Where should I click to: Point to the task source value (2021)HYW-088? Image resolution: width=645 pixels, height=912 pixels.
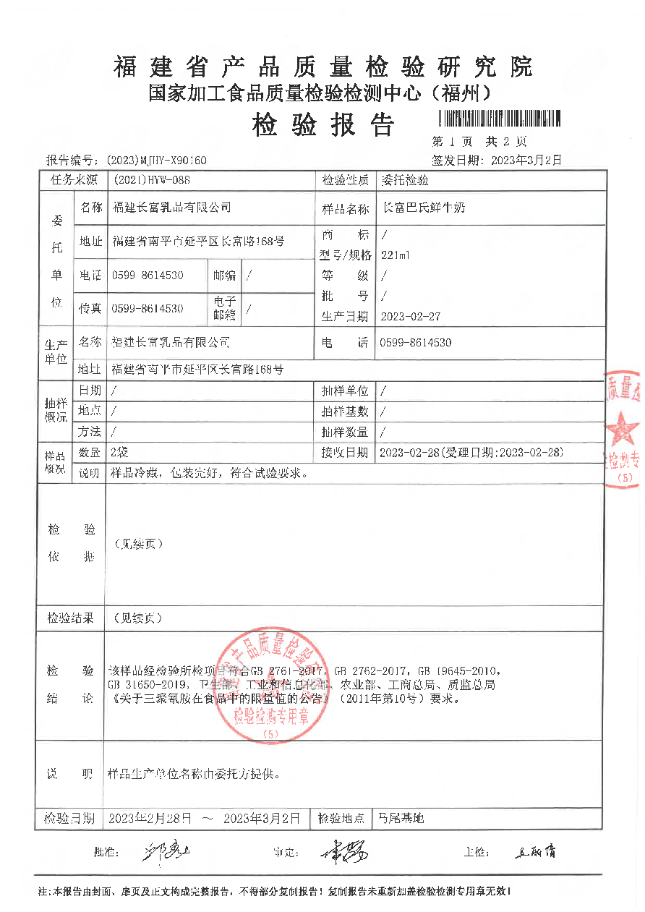coord(151,180)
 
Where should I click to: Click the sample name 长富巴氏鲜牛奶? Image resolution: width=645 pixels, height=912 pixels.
coord(423,208)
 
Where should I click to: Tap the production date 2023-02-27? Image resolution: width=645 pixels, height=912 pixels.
coord(410,316)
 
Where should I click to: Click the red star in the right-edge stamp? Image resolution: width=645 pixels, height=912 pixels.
coord(623,431)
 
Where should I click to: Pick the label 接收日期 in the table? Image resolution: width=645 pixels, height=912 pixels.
coord(345,453)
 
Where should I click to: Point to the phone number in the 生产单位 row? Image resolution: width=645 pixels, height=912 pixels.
coord(415,343)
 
